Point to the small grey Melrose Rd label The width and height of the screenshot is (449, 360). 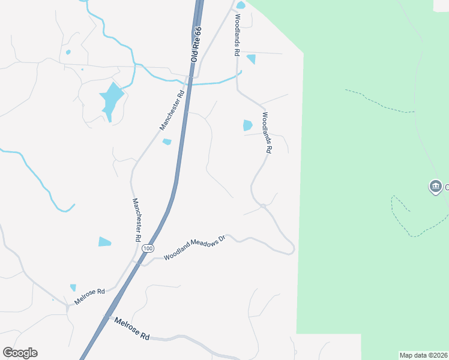coord(89,296)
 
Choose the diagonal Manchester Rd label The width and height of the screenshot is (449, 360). coord(172,110)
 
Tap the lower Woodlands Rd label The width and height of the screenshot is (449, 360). coord(267,133)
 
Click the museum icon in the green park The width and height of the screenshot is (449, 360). coord(435,187)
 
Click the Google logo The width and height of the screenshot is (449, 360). coord(20,353)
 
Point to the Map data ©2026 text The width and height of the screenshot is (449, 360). coord(423,355)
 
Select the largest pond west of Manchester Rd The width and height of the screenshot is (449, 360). coord(111,98)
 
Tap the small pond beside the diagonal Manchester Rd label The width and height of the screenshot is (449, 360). coord(167,142)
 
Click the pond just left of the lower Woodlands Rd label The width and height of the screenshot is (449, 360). coord(247,125)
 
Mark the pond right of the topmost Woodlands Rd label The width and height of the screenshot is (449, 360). coord(251,59)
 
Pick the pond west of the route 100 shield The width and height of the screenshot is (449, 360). coord(104,242)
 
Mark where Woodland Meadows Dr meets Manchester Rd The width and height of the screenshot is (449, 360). coord(139,262)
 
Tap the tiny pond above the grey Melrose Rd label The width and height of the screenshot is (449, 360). coord(73,287)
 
